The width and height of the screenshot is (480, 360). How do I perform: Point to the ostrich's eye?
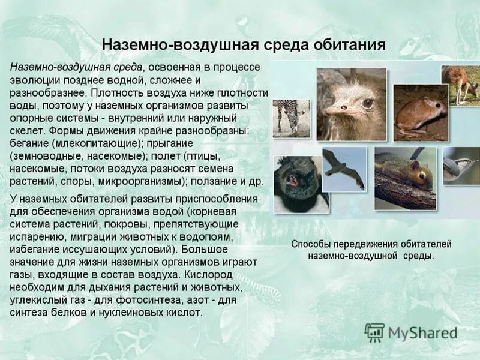[367, 103]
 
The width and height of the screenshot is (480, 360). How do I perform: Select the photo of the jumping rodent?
[420, 112]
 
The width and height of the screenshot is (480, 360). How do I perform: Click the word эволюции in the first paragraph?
[33, 80]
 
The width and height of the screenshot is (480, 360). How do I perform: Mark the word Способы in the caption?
[312, 244]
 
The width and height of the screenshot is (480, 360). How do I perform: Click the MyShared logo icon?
[374, 332]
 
